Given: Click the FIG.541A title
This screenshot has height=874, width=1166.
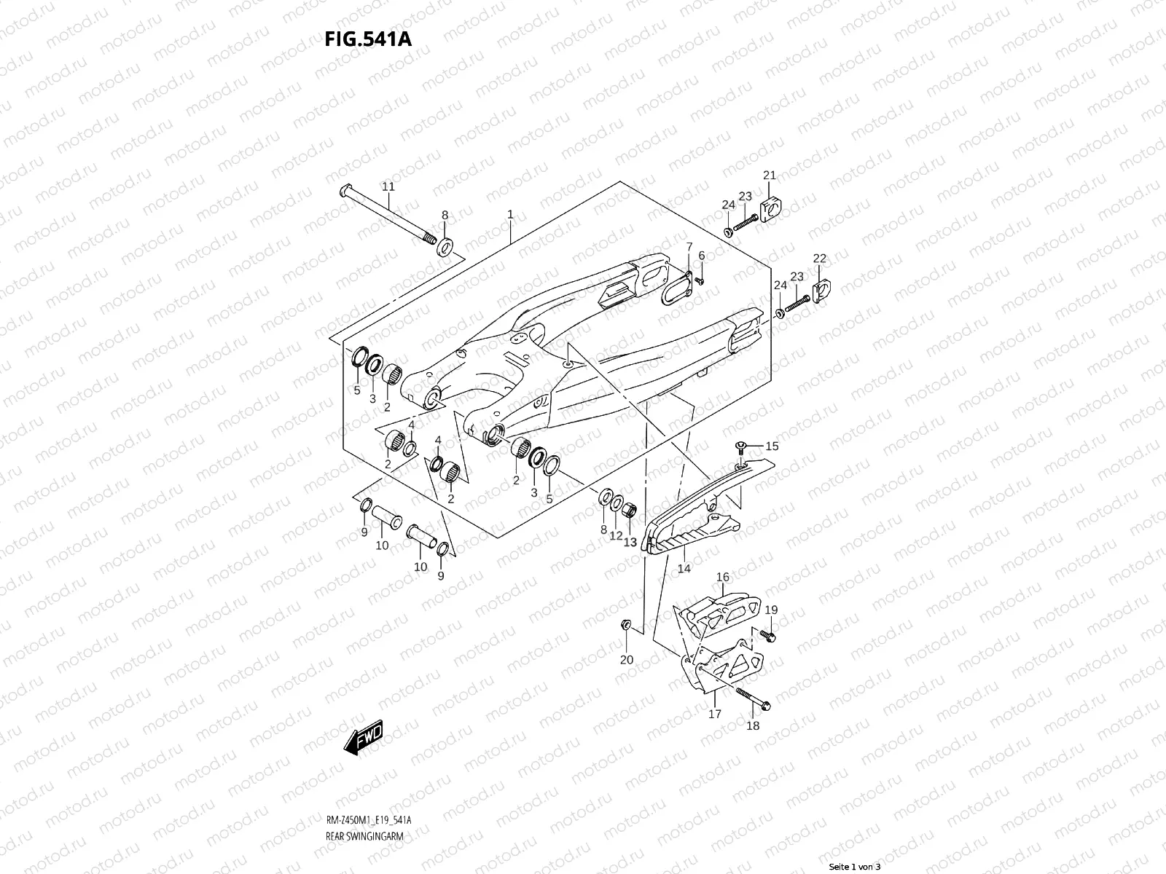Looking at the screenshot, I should click(x=368, y=39).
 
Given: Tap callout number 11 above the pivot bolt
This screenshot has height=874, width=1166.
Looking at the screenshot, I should click(x=388, y=186).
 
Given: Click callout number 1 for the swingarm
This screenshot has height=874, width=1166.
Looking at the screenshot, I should click(x=510, y=214).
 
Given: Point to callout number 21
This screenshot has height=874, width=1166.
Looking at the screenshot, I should click(x=770, y=175).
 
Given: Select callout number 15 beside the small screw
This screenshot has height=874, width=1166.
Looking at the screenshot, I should click(x=772, y=445).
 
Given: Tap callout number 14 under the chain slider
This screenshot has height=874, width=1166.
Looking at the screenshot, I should click(x=684, y=568).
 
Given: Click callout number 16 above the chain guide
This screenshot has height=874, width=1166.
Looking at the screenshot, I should click(x=722, y=578).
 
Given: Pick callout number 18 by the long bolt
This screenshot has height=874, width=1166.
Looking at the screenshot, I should click(x=753, y=725).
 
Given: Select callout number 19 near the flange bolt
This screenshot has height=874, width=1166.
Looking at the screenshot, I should click(x=771, y=610).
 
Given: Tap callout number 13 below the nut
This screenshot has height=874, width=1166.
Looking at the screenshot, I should click(x=630, y=542).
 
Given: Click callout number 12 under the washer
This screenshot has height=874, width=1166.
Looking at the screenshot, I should click(x=617, y=535).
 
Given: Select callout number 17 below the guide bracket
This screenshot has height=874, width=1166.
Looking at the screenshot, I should click(x=714, y=714).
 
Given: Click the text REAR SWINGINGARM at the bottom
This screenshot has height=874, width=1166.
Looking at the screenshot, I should click(x=364, y=797).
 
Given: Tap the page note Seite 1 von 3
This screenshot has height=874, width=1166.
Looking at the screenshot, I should click(x=855, y=867).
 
